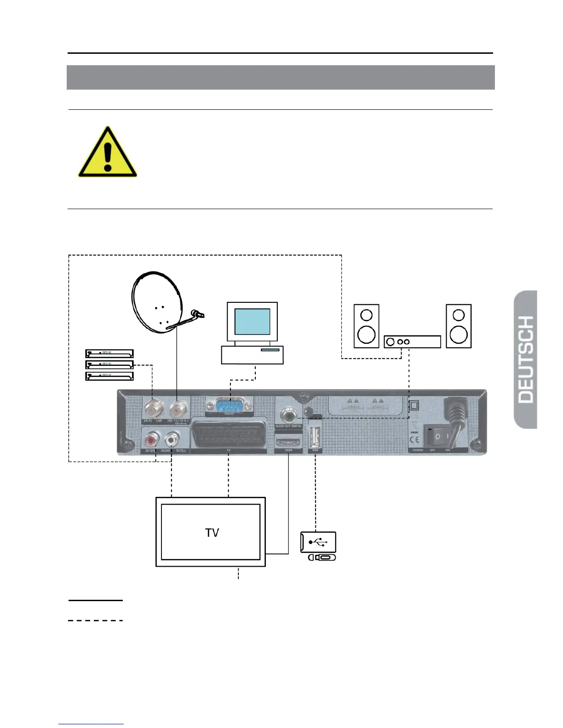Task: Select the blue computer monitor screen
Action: click(x=252, y=322)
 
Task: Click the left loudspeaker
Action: click(x=366, y=326)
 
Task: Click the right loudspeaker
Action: click(x=459, y=326)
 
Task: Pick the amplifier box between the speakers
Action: click(x=412, y=341)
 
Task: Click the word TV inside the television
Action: click(x=212, y=533)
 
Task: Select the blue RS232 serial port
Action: click(x=229, y=406)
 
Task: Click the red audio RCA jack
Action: click(x=151, y=440)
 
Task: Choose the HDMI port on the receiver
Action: click(x=288, y=443)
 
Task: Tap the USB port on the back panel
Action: click(x=315, y=437)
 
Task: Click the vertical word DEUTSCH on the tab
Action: click(x=525, y=359)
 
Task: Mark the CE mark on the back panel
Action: click(x=414, y=438)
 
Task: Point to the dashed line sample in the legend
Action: click(x=96, y=620)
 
